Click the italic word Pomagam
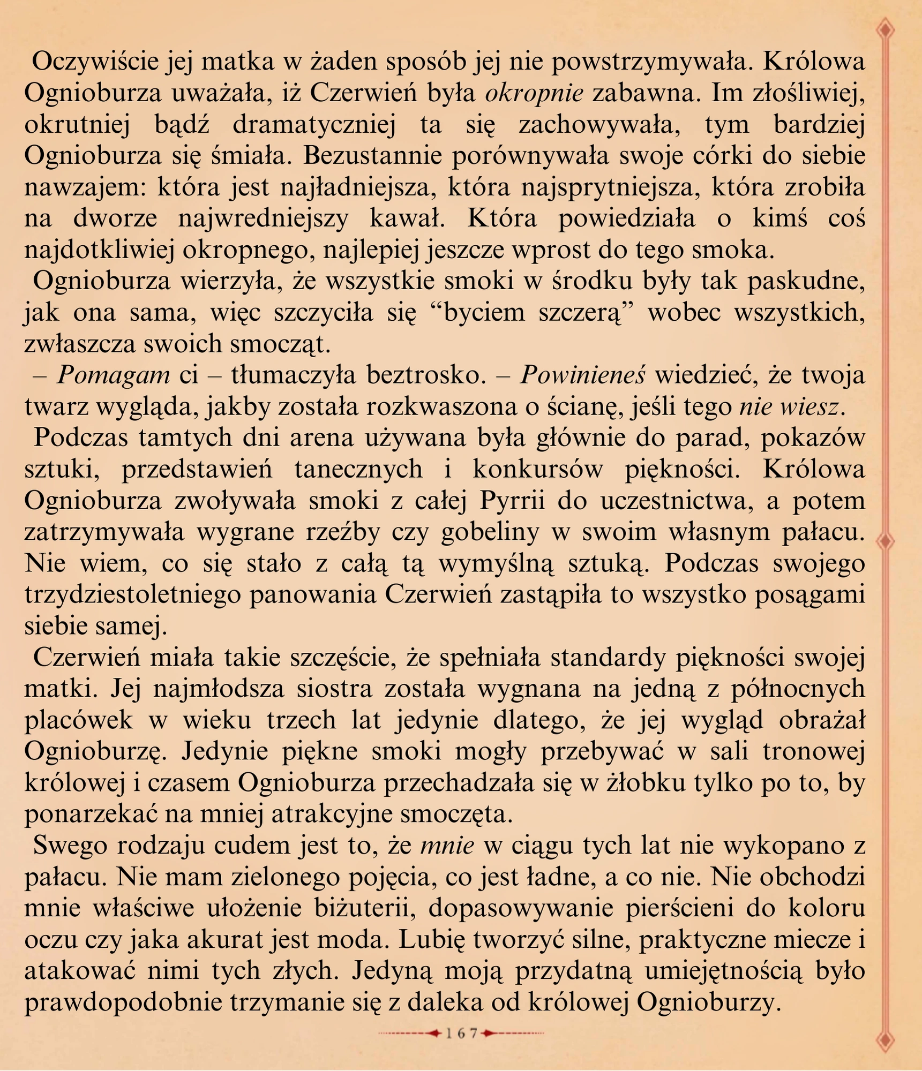(x=114, y=375)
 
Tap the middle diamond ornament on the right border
(x=887, y=541)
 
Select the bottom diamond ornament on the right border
(x=887, y=1040)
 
